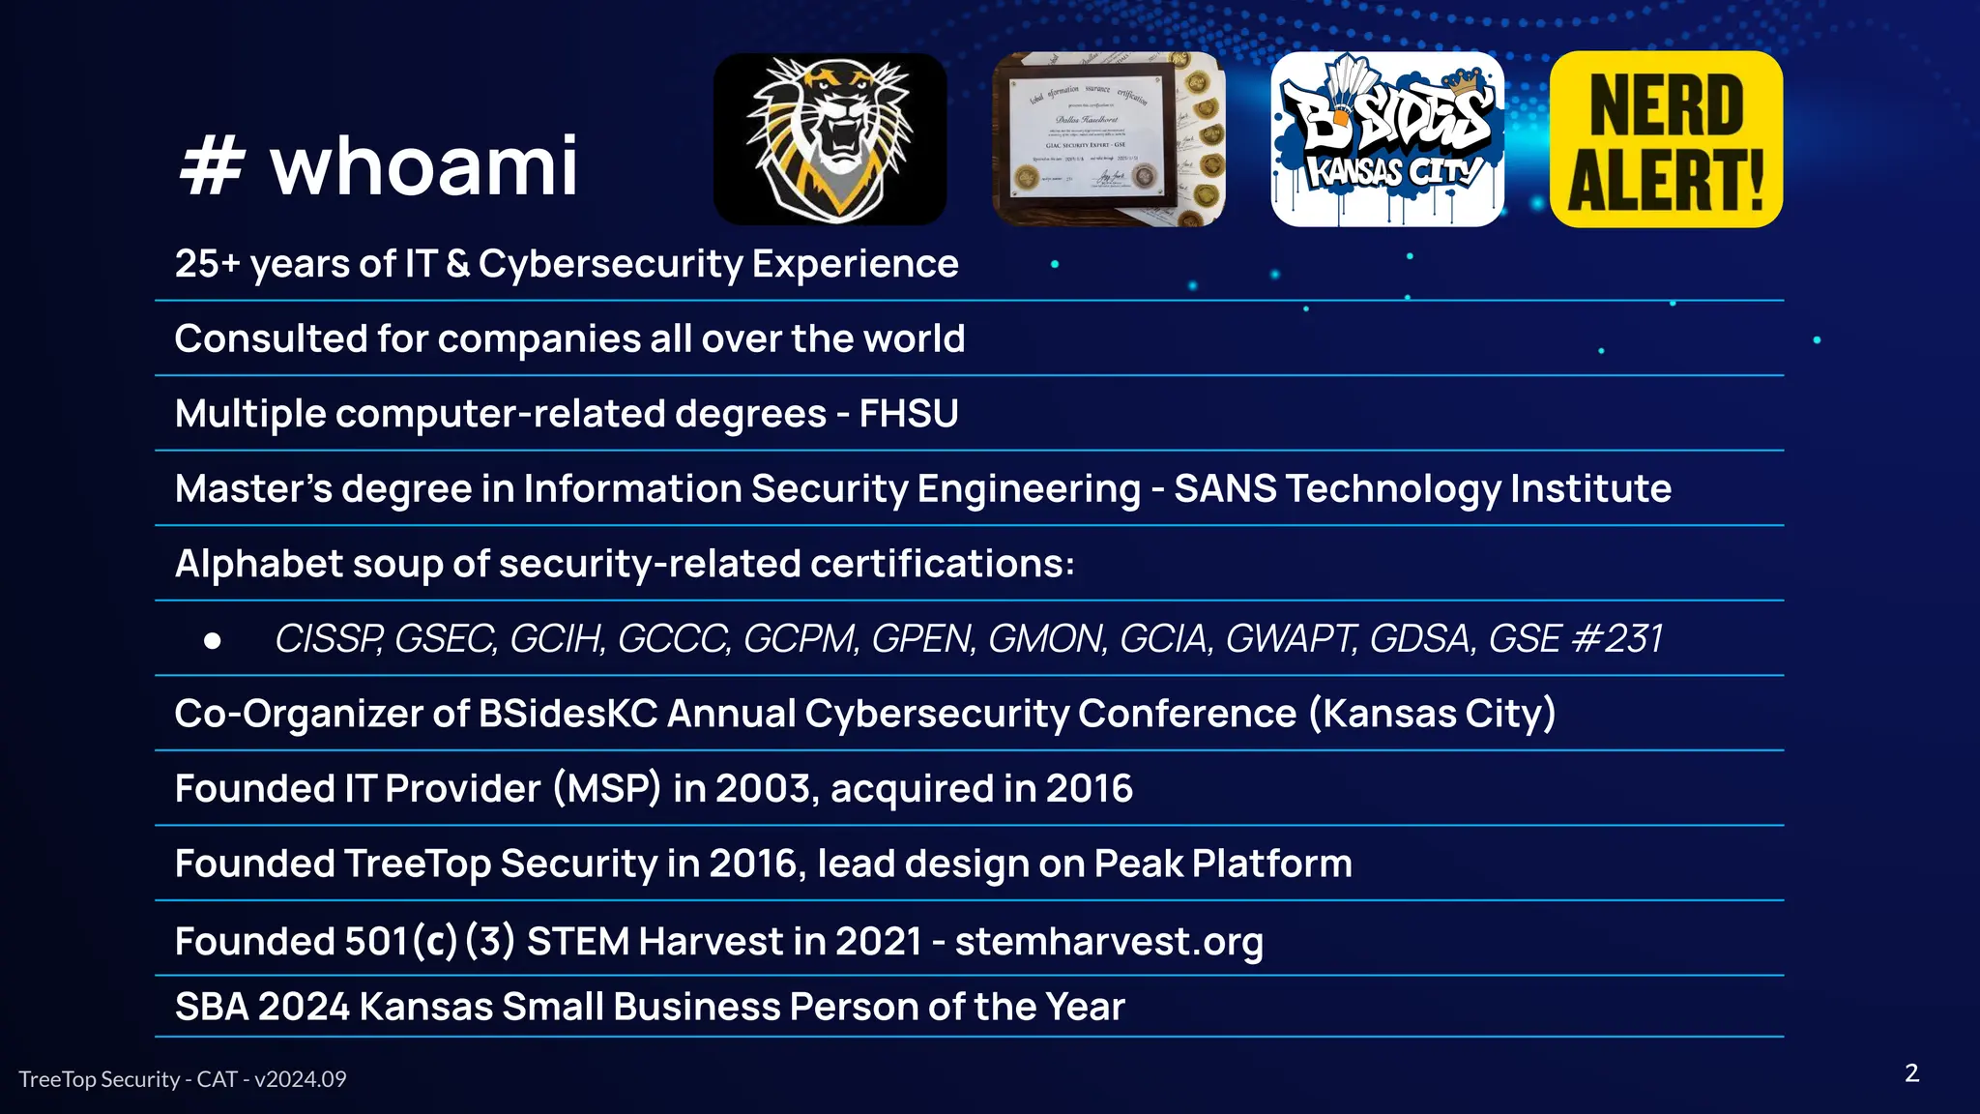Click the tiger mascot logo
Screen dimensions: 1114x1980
(830, 139)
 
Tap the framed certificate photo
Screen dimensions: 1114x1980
(1108, 139)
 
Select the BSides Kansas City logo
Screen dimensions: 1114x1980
(1387, 139)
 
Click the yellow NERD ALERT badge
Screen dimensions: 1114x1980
(1666, 139)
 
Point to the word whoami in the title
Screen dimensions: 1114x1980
(423, 166)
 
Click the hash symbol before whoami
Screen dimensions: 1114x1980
(210, 166)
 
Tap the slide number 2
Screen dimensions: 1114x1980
(1911, 1073)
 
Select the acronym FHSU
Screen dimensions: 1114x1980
(909, 414)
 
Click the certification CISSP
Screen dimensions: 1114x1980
(329, 638)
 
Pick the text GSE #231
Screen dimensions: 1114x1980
(1576, 638)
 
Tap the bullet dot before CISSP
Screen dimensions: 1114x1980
(213, 640)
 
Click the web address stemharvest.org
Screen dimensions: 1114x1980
(1109, 941)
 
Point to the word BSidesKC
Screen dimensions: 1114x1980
(568, 714)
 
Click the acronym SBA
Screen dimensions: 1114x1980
(212, 1007)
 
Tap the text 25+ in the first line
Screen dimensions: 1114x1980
(207, 264)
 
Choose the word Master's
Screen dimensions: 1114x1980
(253, 489)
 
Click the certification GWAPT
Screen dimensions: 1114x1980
(1291, 638)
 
